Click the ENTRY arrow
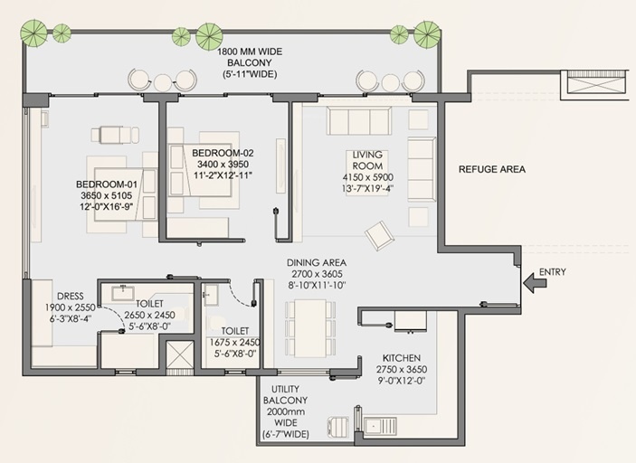click(534, 282)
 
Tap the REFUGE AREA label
click(491, 169)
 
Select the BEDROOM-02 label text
click(223, 153)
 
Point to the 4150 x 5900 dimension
click(367, 177)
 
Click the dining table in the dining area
click(310, 328)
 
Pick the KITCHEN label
click(401, 358)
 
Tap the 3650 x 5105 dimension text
click(106, 195)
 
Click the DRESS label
click(71, 297)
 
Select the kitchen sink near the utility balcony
click(380, 427)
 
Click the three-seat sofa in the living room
click(359, 121)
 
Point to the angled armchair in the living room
click(379, 235)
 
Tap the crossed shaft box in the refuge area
click(594, 85)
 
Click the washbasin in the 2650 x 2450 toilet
click(123, 294)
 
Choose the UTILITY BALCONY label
click(285, 394)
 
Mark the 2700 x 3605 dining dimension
click(317, 274)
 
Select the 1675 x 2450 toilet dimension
click(234, 342)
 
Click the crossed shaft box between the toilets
click(181, 354)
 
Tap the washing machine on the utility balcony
click(337, 428)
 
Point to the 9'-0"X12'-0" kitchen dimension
click(401, 381)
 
